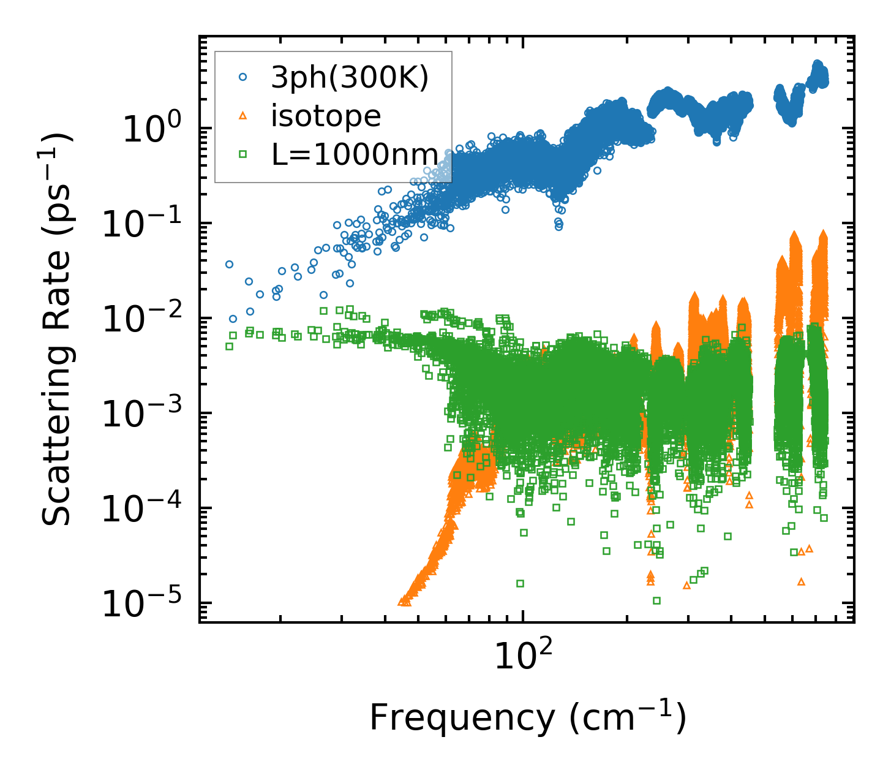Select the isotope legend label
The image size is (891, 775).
(x=326, y=116)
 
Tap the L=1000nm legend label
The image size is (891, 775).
(x=355, y=155)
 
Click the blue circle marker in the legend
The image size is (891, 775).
(x=243, y=78)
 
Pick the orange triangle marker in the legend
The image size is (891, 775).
(x=243, y=116)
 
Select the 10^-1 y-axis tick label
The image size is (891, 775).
(x=146, y=225)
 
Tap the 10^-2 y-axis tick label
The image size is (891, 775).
(x=146, y=320)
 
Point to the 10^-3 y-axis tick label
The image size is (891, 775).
(x=146, y=415)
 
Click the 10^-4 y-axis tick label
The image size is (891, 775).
(x=146, y=510)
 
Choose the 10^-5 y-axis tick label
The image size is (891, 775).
(x=146, y=605)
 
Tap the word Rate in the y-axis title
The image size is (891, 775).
(x=56, y=311)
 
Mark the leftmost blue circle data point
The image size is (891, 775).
(x=229, y=264)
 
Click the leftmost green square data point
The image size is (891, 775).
(x=229, y=346)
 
